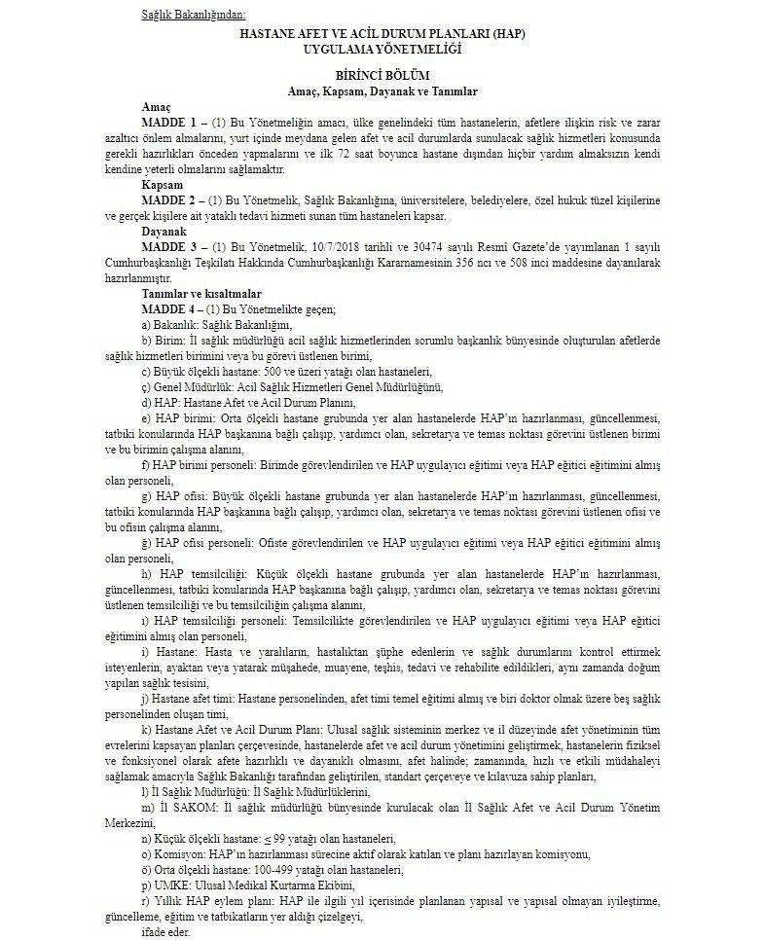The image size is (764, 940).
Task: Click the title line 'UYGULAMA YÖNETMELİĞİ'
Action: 382,48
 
